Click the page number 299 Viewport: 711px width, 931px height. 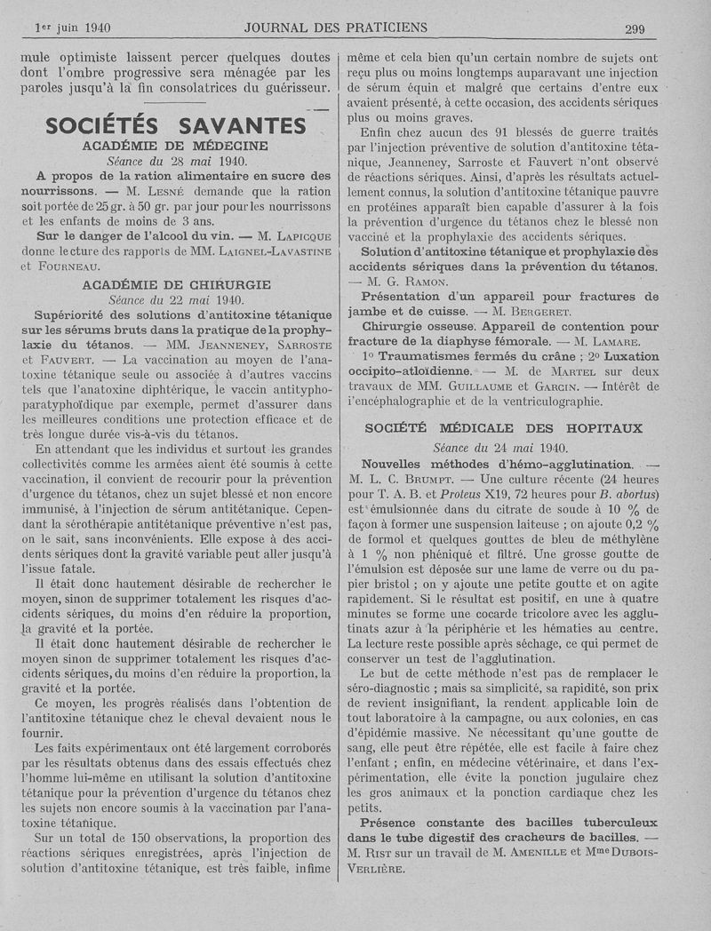point(635,28)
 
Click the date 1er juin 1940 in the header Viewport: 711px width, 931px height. point(72,28)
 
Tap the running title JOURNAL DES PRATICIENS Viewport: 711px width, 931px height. point(335,28)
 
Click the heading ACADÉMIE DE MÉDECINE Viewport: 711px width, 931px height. point(176,146)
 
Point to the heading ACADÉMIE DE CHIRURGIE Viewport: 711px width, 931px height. point(176,285)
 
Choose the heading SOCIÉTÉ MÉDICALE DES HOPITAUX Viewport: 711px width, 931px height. point(503,428)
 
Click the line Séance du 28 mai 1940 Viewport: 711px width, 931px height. point(176,161)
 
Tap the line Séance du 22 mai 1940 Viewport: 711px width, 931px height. point(176,300)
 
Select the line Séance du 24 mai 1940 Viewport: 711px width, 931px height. point(503,448)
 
